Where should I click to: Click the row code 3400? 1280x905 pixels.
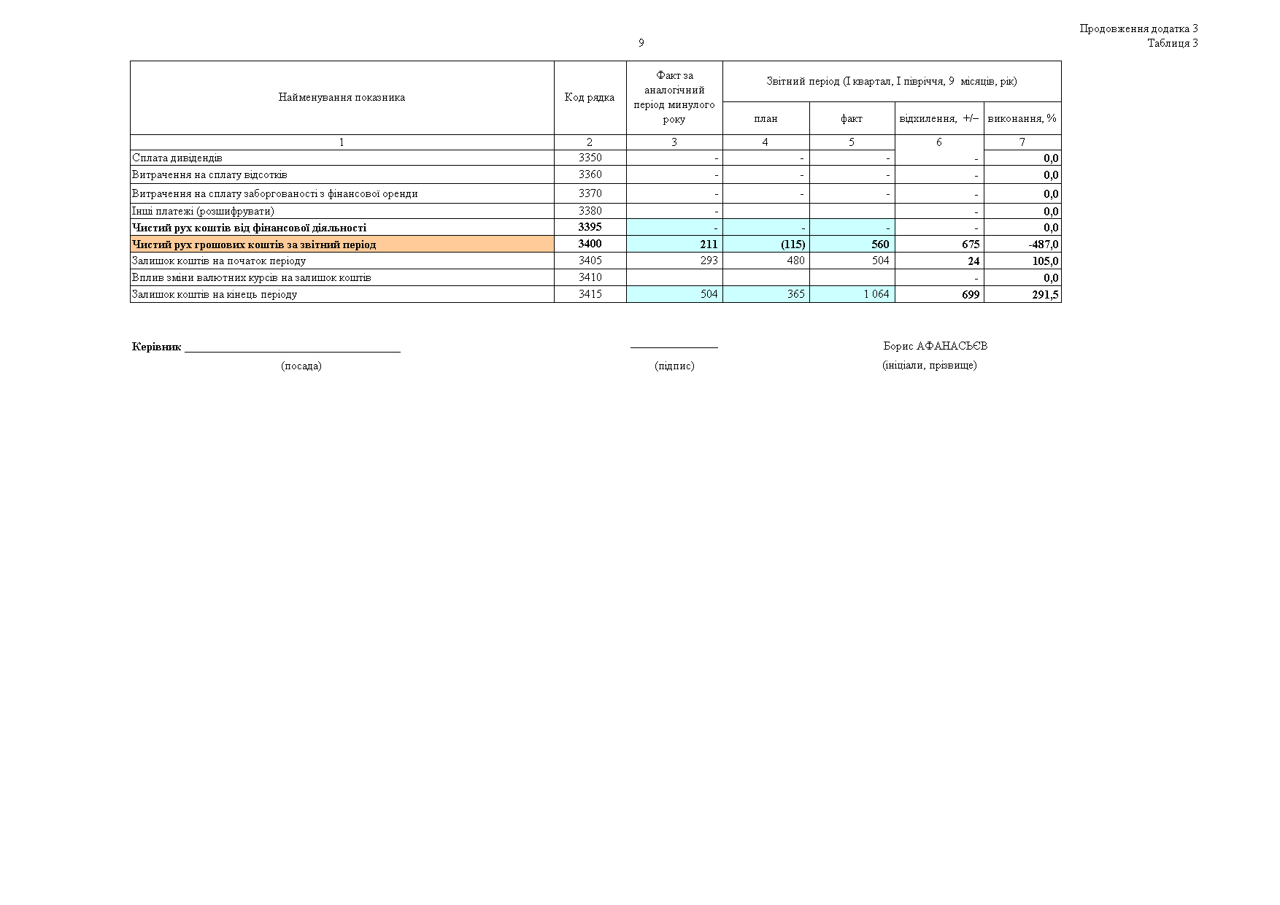tap(590, 244)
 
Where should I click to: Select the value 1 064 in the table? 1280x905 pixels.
tap(876, 294)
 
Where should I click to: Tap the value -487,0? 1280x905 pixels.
tap(1044, 244)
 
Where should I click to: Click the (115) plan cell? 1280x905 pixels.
tap(793, 244)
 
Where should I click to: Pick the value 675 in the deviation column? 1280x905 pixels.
tap(971, 244)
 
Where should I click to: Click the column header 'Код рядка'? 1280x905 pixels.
tap(590, 97)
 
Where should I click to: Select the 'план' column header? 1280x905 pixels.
tap(766, 118)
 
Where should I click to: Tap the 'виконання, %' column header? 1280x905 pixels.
tap(1022, 118)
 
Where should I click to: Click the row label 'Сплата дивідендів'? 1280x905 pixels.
tap(177, 158)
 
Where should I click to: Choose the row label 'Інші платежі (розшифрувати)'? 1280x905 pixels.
tap(203, 211)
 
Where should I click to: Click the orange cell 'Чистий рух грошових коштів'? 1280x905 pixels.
tap(254, 244)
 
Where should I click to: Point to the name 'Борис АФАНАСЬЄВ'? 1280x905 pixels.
tap(935, 346)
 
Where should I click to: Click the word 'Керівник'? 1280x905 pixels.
tap(156, 347)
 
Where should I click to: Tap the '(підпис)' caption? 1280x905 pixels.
tap(674, 366)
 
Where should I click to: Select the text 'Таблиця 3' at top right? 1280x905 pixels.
tap(1172, 43)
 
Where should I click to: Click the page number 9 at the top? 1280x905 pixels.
tap(641, 43)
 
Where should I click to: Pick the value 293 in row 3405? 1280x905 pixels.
tap(709, 261)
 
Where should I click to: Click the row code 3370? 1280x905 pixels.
tap(590, 193)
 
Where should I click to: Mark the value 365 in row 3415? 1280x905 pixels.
tap(795, 294)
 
